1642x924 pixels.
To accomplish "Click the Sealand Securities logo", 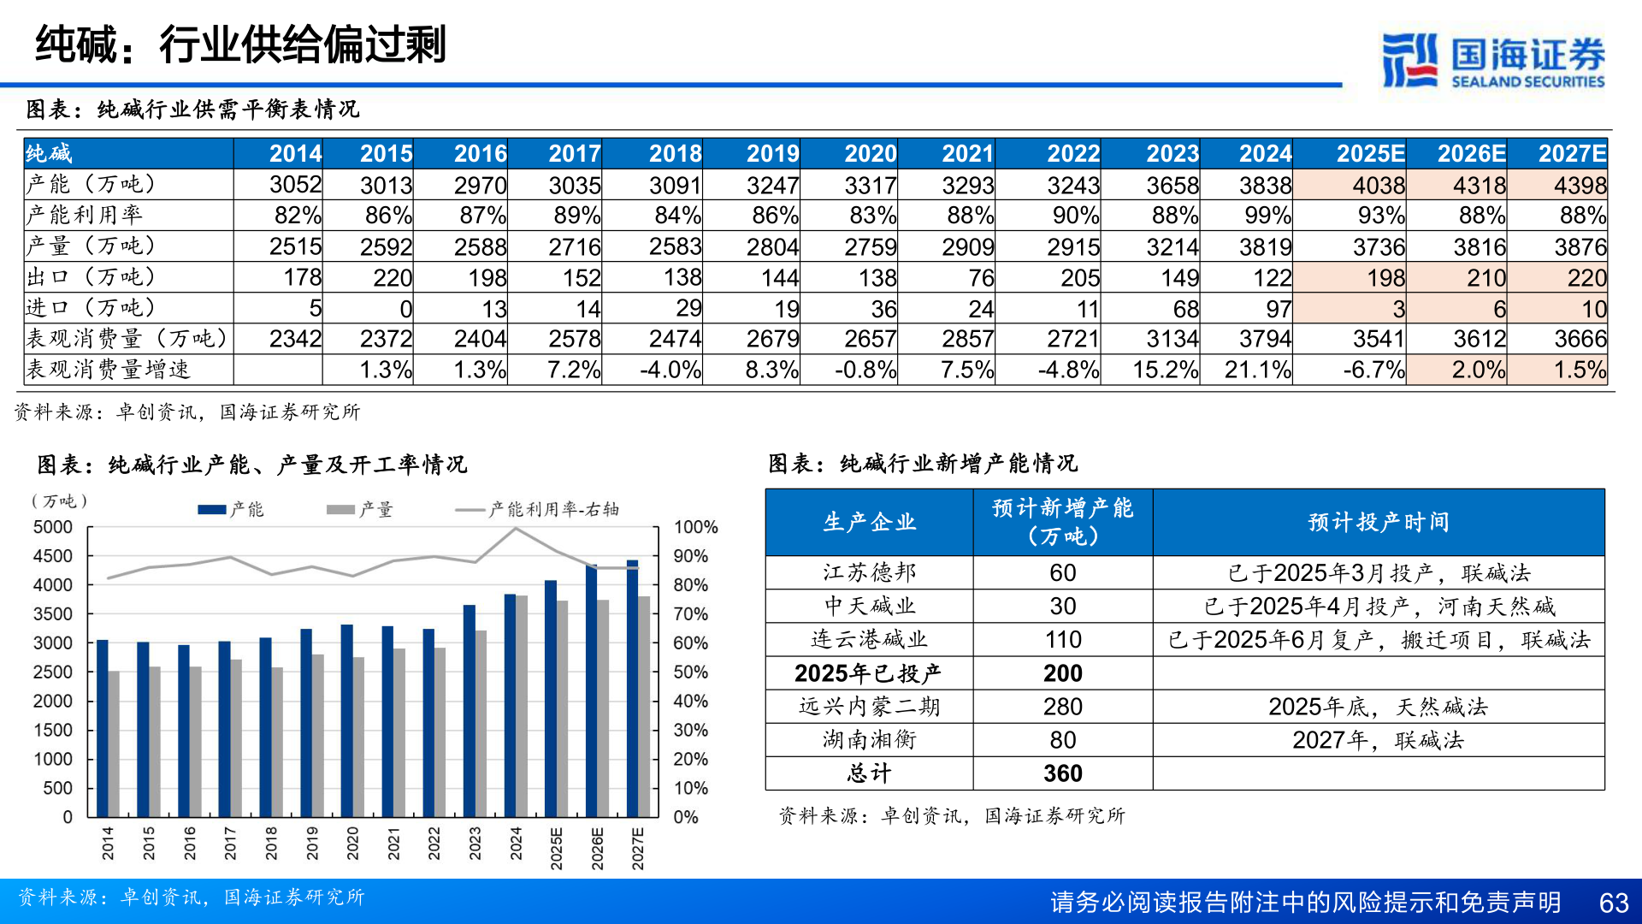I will (1492, 60).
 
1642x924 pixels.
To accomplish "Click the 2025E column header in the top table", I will (1369, 154).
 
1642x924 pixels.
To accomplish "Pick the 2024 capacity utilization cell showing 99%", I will (1267, 216).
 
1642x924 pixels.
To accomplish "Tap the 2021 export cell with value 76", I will (980, 278).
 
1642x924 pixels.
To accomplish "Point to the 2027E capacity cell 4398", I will (1579, 186).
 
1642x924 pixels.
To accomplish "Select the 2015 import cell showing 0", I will (405, 309).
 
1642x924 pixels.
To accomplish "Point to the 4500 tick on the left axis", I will (53, 556).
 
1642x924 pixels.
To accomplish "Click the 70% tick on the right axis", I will (690, 614).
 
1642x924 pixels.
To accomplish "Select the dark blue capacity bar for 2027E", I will (632, 689).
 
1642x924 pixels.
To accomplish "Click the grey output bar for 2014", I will (114, 744).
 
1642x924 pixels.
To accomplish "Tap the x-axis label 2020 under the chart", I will (352, 843).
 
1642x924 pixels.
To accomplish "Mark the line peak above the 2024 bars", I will (516, 529).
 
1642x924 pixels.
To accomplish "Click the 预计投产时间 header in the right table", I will (1378, 523).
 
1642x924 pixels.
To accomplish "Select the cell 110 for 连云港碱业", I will (1062, 640).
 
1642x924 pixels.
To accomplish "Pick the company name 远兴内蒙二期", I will (869, 707).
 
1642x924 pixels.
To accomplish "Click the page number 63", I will (1613, 903).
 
